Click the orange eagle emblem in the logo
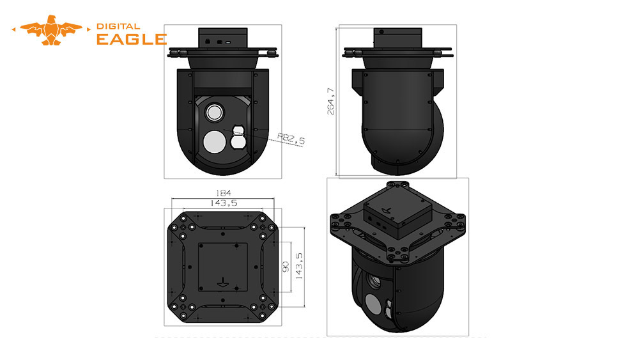coord(51,30)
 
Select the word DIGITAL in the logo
coord(118,26)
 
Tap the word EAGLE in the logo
coord(132,39)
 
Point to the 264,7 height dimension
coord(330,101)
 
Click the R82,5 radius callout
coord(291,139)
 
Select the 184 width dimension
coord(223,193)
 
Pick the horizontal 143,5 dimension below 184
coord(223,203)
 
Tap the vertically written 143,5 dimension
coord(299,266)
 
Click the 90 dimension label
coord(285,267)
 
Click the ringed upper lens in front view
coord(214,112)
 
